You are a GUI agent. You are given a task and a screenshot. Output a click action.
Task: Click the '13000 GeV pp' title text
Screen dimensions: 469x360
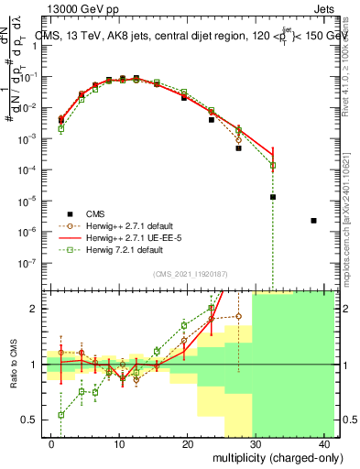pyautogui.click(x=82, y=7)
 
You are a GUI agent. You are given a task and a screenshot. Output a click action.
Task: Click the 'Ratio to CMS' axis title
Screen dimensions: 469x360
pyautogui.click(x=12, y=365)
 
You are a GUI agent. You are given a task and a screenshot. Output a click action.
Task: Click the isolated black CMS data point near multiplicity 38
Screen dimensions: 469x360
pyautogui.click(x=314, y=221)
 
